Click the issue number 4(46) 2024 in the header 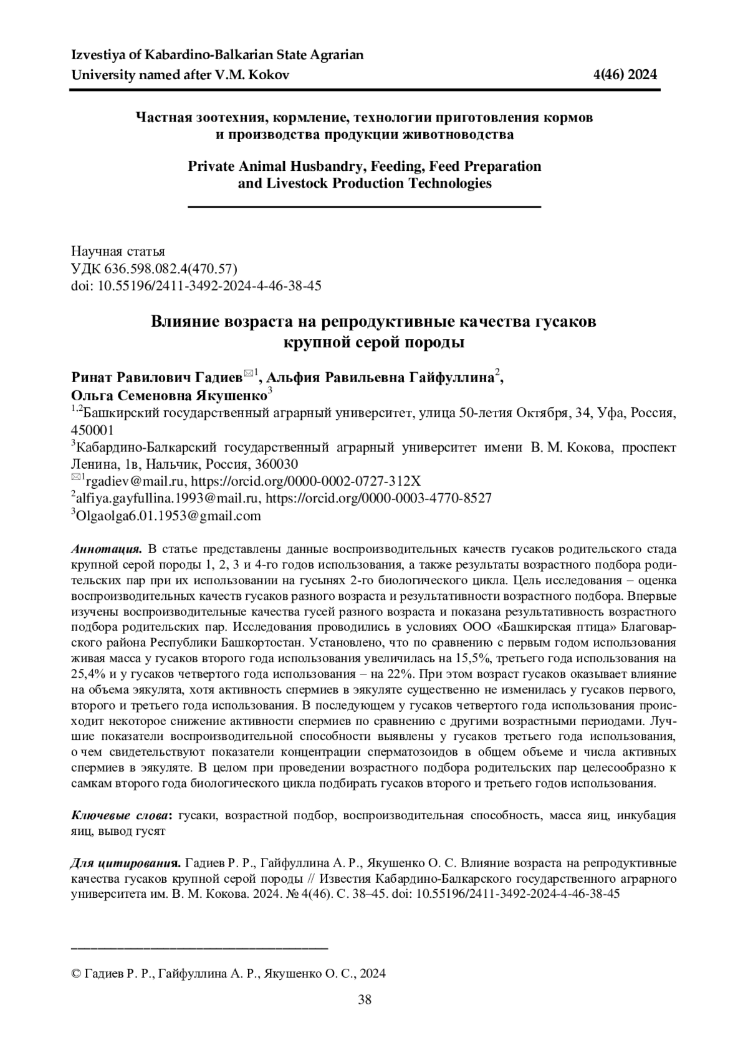click(x=625, y=75)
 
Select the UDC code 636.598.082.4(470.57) click(x=168, y=268)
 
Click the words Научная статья click(x=118, y=251)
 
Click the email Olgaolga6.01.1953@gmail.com click(x=168, y=516)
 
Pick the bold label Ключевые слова click(x=122, y=815)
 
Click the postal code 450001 click(x=93, y=430)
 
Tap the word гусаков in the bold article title click(x=565, y=322)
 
